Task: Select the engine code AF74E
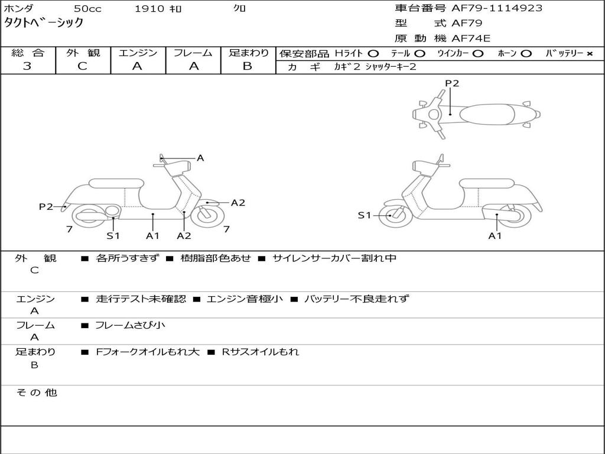[x=471, y=39]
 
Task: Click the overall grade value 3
[x=27, y=66]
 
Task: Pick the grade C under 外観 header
[x=83, y=66]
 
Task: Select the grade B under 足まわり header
[x=248, y=66]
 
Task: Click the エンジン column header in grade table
[x=138, y=53]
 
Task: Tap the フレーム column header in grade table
[x=193, y=53]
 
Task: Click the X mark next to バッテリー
[x=590, y=54]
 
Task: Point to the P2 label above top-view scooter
[x=452, y=83]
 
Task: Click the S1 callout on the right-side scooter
[x=365, y=215]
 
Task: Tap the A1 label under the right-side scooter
[x=495, y=236]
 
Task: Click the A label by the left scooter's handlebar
[x=200, y=158]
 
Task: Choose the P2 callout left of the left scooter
[x=46, y=206]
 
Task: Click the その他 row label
[x=36, y=393]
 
